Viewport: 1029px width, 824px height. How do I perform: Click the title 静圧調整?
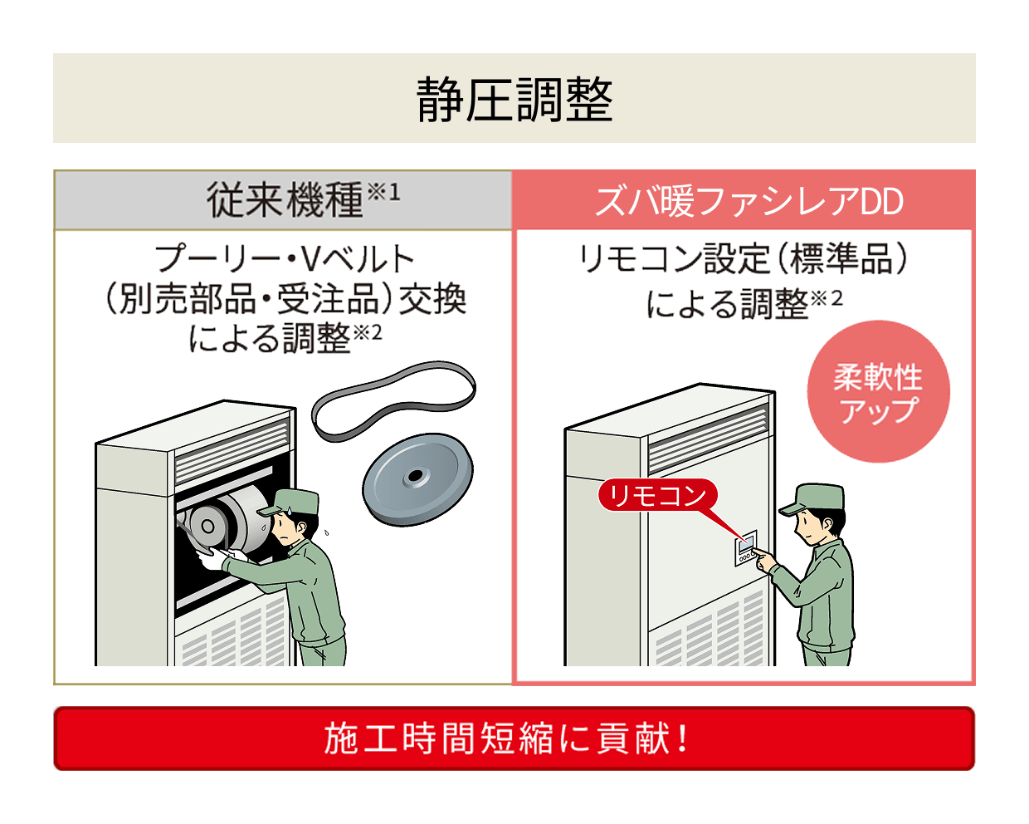pyautogui.click(x=514, y=100)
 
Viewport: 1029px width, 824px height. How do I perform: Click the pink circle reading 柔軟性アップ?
pyautogui.click(x=878, y=392)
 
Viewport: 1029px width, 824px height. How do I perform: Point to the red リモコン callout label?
pyautogui.click(x=656, y=496)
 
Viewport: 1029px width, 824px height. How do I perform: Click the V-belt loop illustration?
pyautogui.click(x=393, y=400)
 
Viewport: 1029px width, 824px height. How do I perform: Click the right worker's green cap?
pyautogui.click(x=812, y=498)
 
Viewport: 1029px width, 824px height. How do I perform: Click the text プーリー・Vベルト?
pyautogui.click(x=285, y=258)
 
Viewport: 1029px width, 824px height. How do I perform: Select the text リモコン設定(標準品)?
pyautogui.click(x=743, y=258)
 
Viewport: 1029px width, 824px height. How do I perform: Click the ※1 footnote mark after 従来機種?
pyautogui.click(x=383, y=192)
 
